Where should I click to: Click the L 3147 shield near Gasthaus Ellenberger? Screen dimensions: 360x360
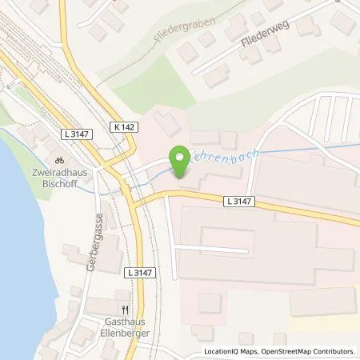[138, 274]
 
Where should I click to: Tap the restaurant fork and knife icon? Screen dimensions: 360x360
[124, 308]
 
